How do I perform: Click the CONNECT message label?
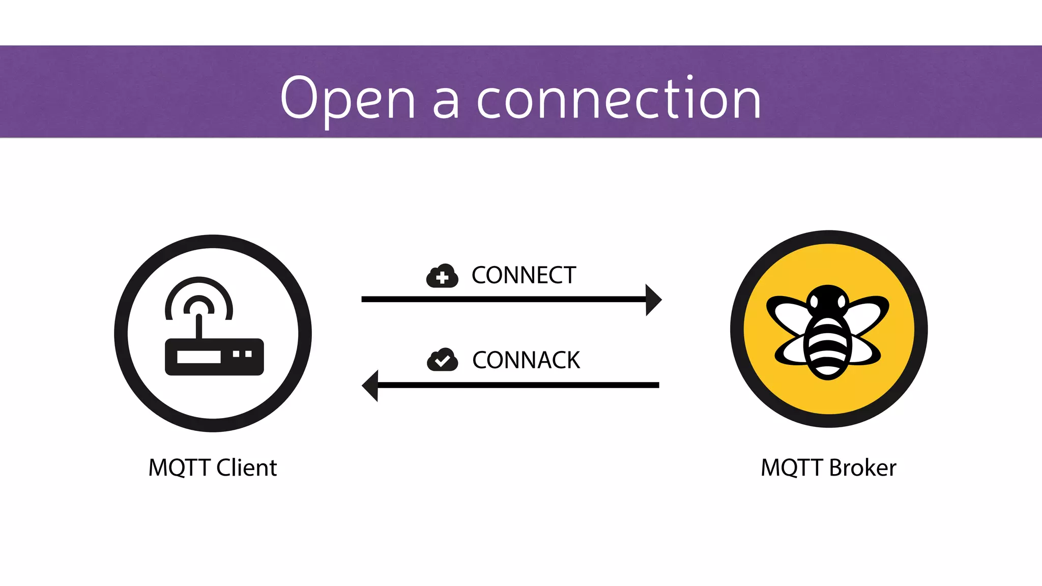click(524, 275)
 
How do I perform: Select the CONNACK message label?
click(526, 360)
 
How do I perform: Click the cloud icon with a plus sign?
click(442, 276)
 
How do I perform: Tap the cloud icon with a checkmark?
click(442, 360)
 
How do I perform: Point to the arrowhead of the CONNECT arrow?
click(653, 300)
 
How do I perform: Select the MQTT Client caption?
click(213, 467)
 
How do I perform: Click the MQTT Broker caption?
click(828, 467)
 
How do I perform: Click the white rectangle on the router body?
click(198, 357)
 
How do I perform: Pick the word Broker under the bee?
click(863, 467)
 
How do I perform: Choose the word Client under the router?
click(247, 467)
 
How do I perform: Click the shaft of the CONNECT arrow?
click(504, 300)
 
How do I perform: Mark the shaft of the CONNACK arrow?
click(519, 386)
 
